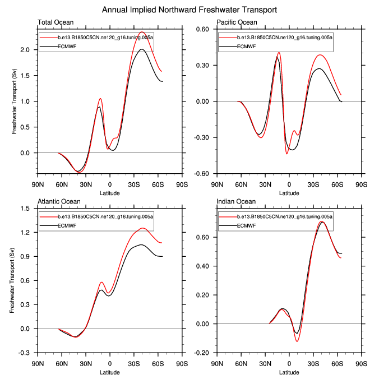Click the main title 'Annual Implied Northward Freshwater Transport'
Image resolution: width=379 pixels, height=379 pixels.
[189, 10]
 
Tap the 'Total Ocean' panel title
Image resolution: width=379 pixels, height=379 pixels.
[56, 22]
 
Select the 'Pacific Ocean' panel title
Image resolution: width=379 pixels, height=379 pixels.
[237, 22]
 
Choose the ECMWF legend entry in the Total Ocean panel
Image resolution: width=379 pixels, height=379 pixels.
[66, 46]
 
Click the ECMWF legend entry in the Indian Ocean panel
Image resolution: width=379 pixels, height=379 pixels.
[246, 225]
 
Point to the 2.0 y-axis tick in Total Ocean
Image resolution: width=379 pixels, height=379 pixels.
[29, 50]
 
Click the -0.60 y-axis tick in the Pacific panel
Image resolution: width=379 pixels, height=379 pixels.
[201, 173]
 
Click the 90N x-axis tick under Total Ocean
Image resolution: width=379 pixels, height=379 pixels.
[38, 184]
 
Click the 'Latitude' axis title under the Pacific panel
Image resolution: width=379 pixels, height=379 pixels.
[289, 193]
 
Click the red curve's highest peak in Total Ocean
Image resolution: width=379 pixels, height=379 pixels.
[142, 32]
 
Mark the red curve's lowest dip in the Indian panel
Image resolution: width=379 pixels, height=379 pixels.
[297, 341]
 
